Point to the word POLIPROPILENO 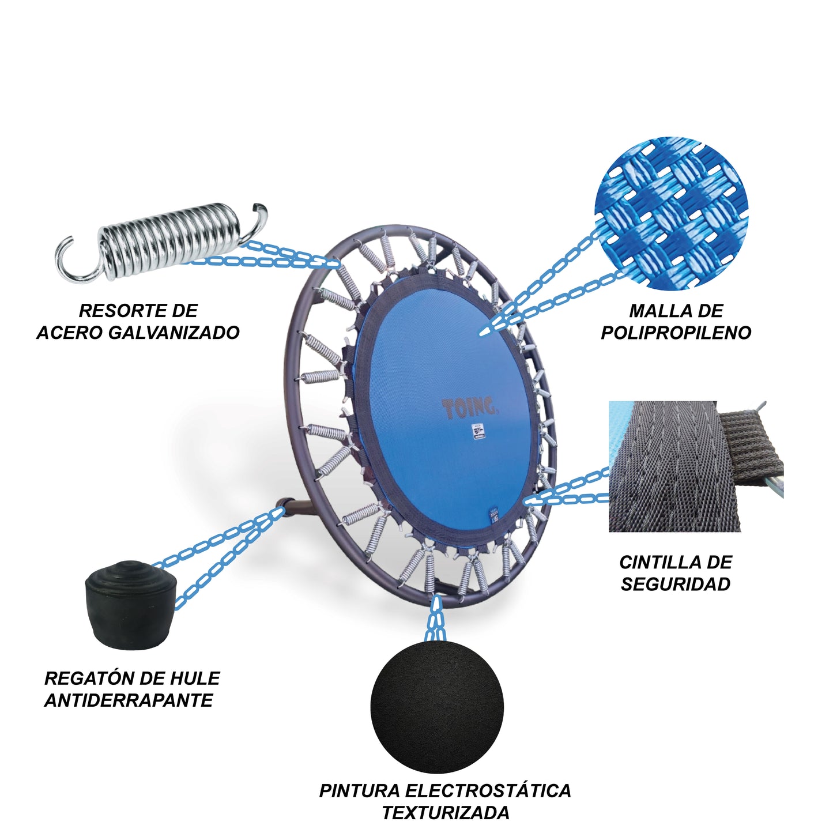tap(676, 333)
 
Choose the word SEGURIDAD tap(676, 585)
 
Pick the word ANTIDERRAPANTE tap(129, 700)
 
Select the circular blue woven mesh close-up tap(671, 219)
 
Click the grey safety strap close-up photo tap(696, 466)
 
